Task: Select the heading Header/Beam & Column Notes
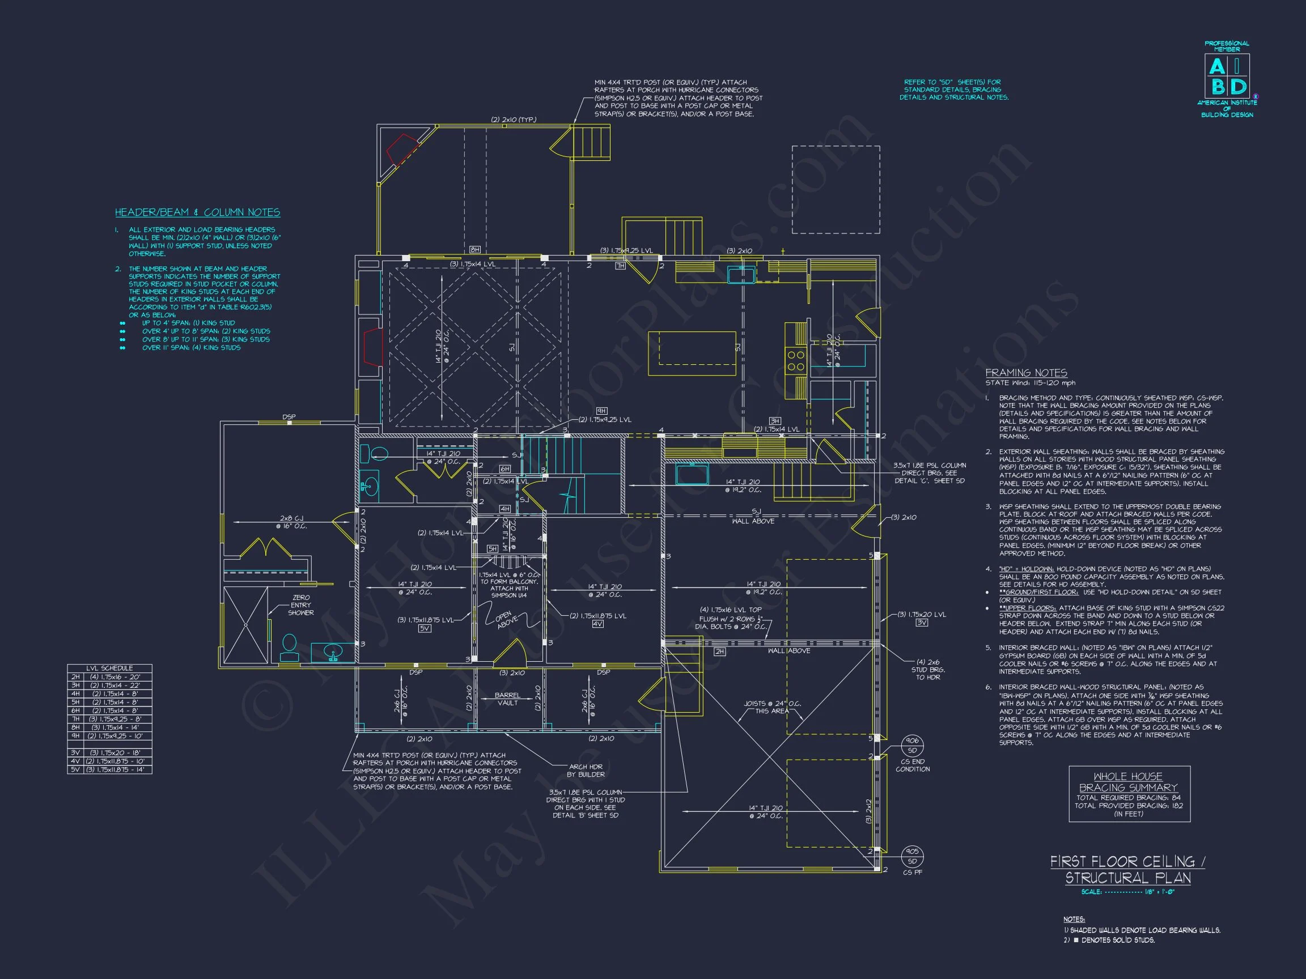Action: (x=197, y=212)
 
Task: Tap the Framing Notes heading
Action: (x=1026, y=373)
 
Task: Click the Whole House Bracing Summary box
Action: (x=1129, y=794)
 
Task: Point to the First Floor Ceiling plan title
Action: (x=1127, y=870)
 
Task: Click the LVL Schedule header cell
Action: (x=109, y=668)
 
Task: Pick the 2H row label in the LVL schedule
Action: (x=75, y=677)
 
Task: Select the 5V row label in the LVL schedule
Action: (x=75, y=769)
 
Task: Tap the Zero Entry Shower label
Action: (x=300, y=605)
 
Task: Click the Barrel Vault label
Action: (x=507, y=699)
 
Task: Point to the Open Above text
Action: (x=506, y=619)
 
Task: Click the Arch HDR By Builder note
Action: (x=586, y=770)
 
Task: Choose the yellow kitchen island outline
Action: (x=692, y=354)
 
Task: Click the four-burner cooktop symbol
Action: (x=795, y=360)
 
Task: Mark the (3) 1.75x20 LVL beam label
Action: (x=922, y=614)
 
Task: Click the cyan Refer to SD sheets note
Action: (x=953, y=90)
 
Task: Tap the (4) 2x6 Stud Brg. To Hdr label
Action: (x=928, y=669)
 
